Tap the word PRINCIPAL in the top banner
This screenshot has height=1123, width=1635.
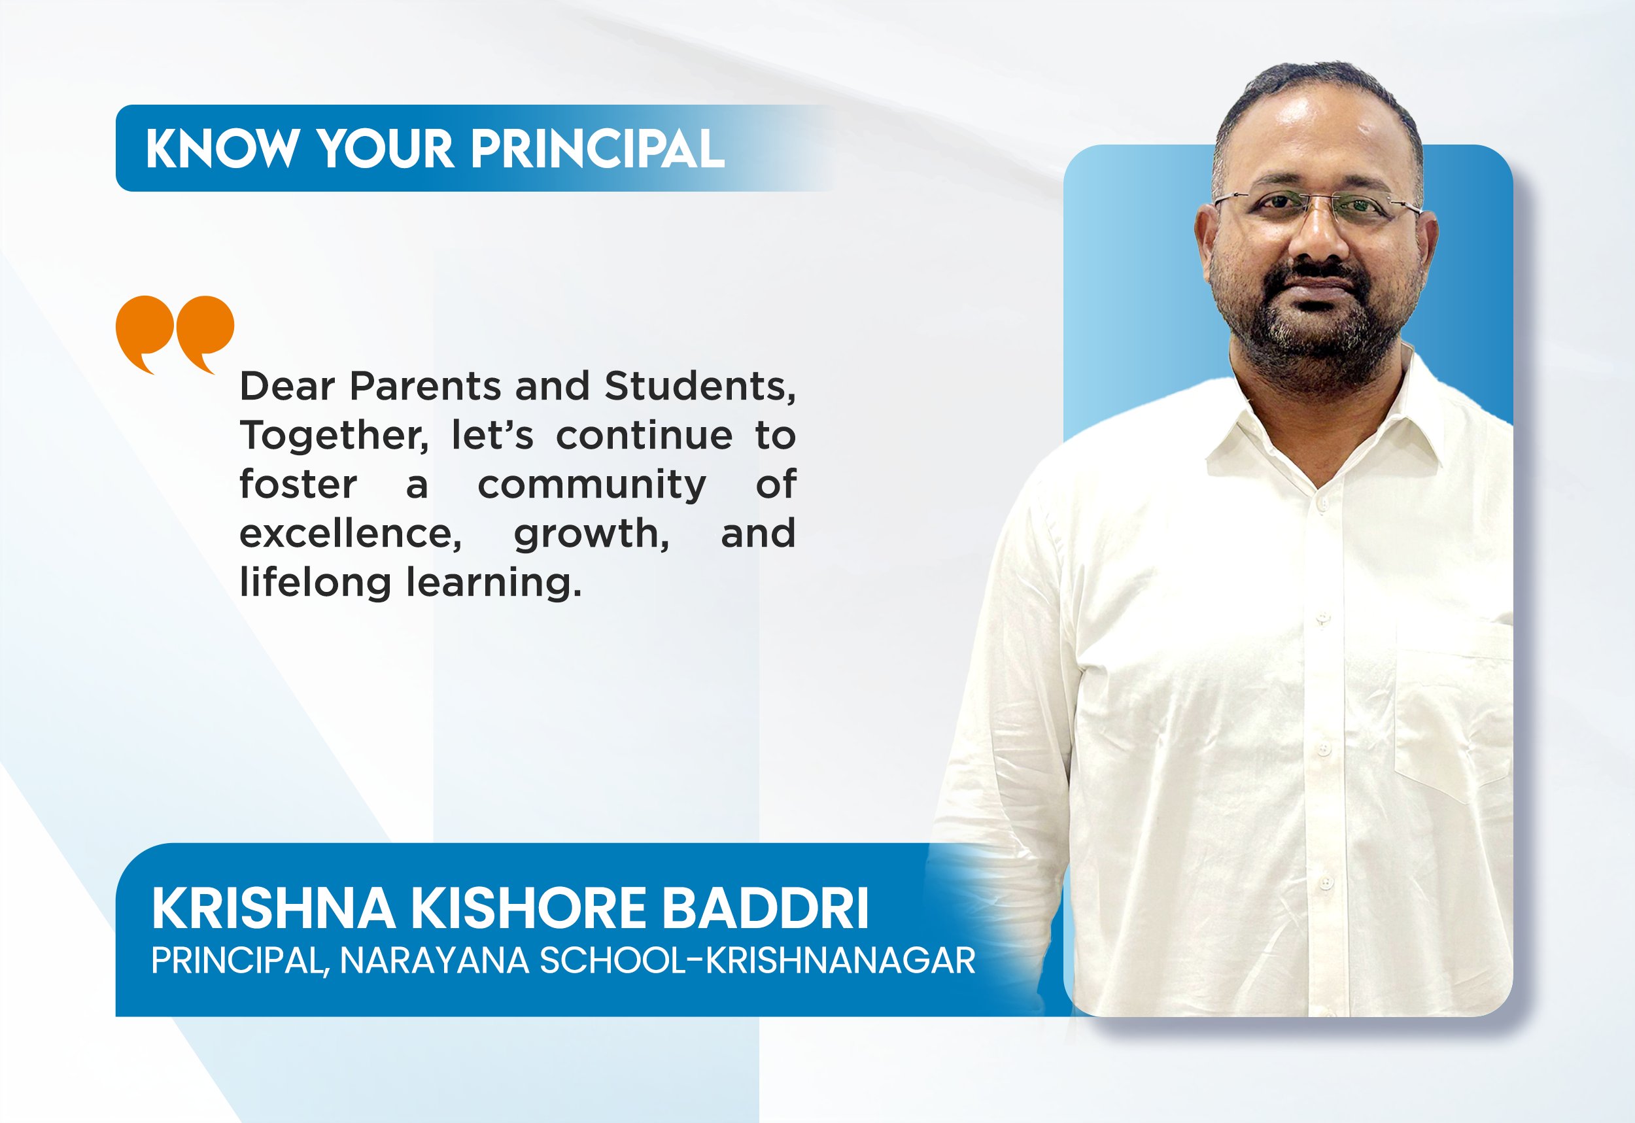pos(597,148)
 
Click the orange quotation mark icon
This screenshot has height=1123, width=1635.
pos(175,334)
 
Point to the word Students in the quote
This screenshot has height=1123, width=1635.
pos(700,387)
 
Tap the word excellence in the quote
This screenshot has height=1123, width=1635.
pos(351,533)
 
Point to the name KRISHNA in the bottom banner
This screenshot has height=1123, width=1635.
pos(273,908)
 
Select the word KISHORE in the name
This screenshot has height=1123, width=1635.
pos(528,908)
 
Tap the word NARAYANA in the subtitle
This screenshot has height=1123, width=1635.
pos(435,961)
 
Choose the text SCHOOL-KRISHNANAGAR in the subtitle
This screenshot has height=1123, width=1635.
pos(757,961)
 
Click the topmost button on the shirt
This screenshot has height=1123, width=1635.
pos(1320,504)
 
